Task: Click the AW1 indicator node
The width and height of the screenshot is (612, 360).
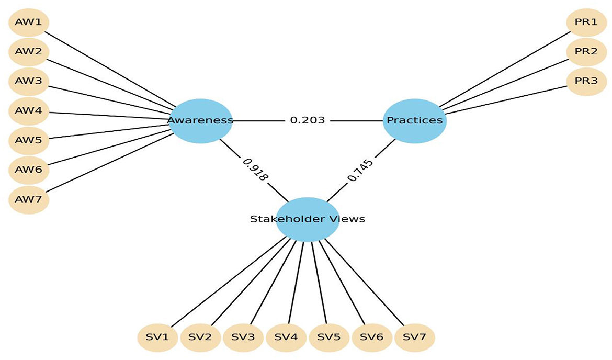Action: (x=29, y=22)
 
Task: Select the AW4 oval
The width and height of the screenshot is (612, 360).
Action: (x=29, y=111)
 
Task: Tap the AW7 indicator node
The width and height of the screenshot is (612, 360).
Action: (x=29, y=199)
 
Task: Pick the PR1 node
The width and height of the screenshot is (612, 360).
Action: (x=586, y=22)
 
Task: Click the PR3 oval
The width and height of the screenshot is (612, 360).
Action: (x=586, y=82)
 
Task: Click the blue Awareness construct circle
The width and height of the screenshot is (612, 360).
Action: (x=201, y=120)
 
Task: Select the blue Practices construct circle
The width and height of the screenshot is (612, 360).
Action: (x=414, y=120)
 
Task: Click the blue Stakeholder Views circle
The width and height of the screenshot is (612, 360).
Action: (x=308, y=219)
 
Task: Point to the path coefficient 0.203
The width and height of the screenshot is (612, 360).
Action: (x=308, y=120)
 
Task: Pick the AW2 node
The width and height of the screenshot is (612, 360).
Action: (x=29, y=52)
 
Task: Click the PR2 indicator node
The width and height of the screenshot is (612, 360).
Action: (x=586, y=52)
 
